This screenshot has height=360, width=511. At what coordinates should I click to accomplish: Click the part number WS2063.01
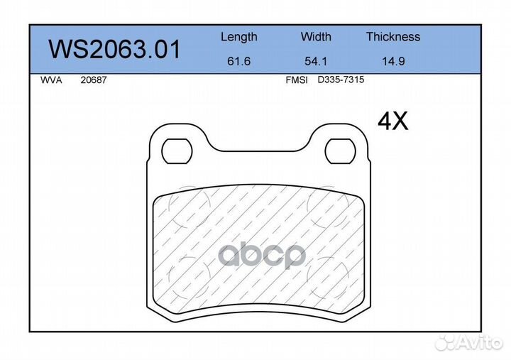pos(114,50)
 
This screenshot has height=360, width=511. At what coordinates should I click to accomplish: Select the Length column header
pos(239,37)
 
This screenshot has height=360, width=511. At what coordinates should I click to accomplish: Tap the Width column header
pos(316,36)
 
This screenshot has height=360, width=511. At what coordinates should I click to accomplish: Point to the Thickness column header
pos(393,36)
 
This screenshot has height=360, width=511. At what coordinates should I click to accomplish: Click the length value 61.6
pos(239,61)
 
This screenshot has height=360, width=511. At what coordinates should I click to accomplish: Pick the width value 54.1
pos(316,61)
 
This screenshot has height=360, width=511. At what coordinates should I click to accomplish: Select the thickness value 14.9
pos(393,61)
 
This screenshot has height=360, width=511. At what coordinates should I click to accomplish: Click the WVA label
pos(51,80)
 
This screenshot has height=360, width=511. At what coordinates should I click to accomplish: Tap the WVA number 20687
pos(94,80)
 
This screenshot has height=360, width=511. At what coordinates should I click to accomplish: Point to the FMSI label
pos(297,80)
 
